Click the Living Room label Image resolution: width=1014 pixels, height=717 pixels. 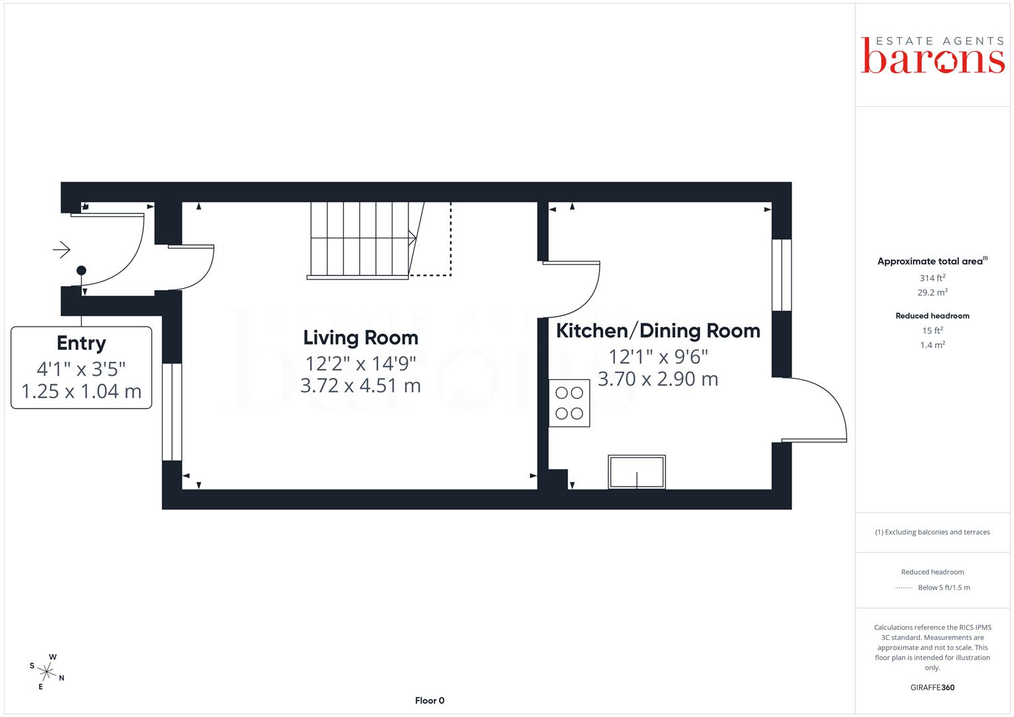point(361,338)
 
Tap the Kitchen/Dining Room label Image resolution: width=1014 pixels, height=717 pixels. point(658,331)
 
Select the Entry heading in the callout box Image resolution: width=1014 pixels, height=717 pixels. point(82,343)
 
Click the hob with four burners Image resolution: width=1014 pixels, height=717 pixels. point(569,403)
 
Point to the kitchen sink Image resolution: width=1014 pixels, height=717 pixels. point(636,471)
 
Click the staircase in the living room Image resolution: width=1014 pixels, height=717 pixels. point(367,240)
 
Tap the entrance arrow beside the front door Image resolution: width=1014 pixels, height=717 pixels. point(62,250)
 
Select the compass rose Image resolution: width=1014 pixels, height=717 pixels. point(46,671)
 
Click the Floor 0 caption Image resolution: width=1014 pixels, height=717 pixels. point(430,700)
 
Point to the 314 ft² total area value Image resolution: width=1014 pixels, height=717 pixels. point(932,278)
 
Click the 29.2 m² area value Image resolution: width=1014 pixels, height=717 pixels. point(932,292)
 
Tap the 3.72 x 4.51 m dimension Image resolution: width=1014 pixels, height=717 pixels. point(361,386)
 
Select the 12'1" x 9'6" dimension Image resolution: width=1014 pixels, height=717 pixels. point(658,357)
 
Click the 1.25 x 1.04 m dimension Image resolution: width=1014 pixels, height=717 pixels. point(82,392)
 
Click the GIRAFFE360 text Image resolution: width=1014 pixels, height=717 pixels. point(932,687)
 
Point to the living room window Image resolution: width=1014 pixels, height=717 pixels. point(172,412)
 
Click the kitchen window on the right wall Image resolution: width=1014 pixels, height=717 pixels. point(782,275)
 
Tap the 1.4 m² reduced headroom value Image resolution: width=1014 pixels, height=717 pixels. point(932,345)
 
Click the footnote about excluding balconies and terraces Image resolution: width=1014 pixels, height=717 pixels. point(932,532)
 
